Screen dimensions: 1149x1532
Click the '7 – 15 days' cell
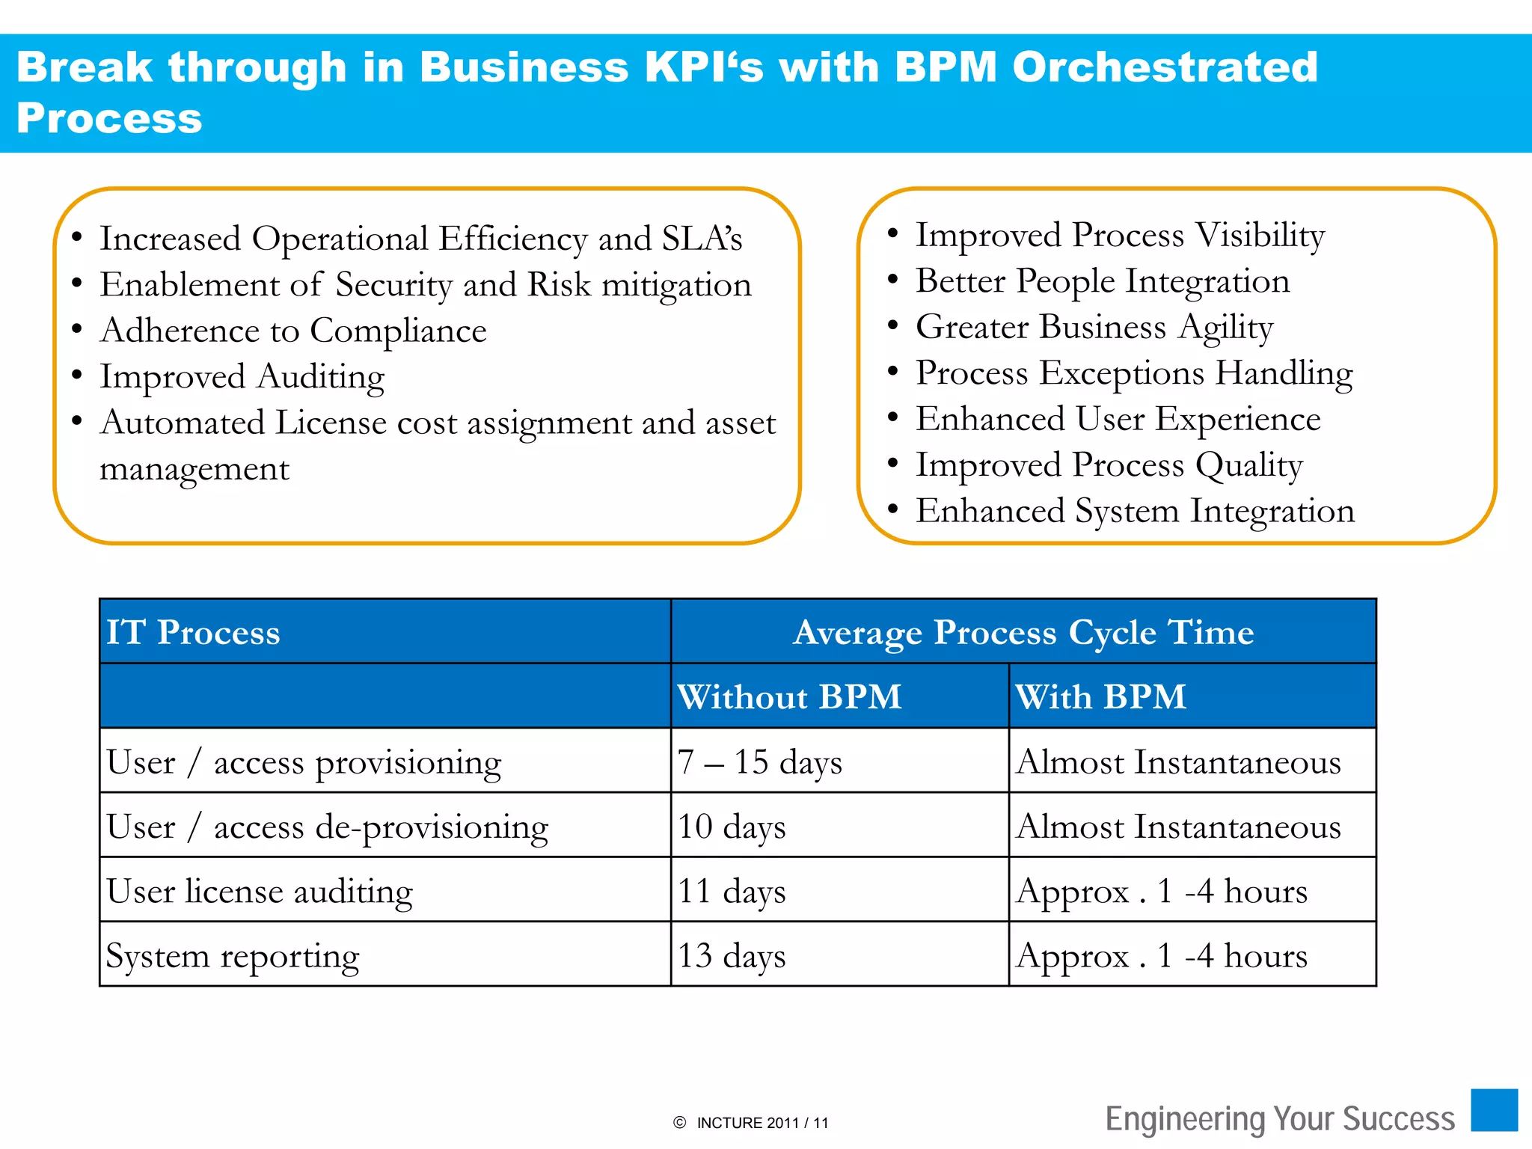[760, 762]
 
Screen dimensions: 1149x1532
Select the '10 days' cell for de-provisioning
[732, 827]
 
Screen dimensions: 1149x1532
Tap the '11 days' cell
[732, 891]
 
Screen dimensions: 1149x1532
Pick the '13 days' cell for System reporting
[732, 955]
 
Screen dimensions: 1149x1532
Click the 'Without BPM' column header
[789, 696]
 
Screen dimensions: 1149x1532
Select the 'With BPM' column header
[1100, 696]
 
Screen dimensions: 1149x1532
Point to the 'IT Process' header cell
[193, 632]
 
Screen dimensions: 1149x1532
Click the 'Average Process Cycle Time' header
[1023, 632]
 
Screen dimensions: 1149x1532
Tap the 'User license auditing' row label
[259, 891]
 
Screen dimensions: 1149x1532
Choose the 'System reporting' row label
[232, 956]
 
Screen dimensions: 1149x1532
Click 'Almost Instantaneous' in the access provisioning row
[1178, 762]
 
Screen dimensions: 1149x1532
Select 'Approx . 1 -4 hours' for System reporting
[1162, 956]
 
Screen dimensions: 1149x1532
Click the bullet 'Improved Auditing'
[242, 376]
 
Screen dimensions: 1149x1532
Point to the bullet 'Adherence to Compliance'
[293, 331]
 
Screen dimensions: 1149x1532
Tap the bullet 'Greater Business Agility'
[1094, 327]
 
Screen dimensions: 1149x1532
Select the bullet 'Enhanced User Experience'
[1118, 419]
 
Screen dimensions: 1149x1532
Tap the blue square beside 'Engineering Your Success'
[1494, 1110]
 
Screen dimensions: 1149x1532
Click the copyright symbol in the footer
[679, 1123]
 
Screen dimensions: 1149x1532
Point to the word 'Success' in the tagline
[1399, 1119]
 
